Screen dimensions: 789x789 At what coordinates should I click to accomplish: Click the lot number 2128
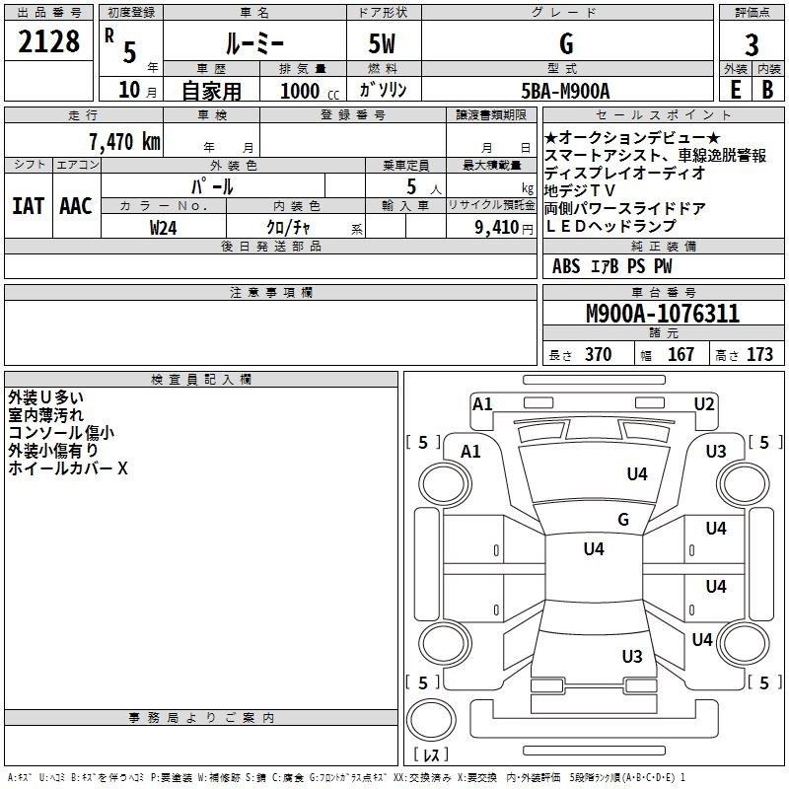(48, 41)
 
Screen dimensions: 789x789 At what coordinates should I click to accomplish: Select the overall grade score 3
(752, 44)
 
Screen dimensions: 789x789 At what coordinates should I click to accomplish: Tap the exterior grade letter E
(735, 90)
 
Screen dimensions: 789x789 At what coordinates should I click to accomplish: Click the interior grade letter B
(767, 90)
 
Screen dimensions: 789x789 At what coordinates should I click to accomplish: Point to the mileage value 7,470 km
(125, 142)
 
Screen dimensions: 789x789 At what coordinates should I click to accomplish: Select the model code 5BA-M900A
(565, 91)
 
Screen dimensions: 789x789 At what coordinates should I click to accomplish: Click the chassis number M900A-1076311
(663, 314)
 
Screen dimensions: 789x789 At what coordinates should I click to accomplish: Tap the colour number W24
(164, 228)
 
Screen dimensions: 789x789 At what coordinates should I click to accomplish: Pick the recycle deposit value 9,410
(497, 228)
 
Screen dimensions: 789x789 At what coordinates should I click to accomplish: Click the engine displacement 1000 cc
(310, 91)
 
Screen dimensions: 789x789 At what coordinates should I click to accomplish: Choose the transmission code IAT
(29, 206)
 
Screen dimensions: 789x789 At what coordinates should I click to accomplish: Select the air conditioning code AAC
(76, 206)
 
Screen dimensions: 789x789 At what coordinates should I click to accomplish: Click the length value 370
(598, 354)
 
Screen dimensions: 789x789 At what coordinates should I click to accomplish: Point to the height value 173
(759, 354)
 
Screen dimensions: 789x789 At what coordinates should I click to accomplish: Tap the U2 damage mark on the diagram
(704, 404)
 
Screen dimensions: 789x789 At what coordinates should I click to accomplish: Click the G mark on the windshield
(623, 519)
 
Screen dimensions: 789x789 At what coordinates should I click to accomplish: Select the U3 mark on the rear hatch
(632, 656)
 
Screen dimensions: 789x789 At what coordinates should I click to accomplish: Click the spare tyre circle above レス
(431, 720)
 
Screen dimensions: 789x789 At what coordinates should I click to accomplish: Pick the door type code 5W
(382, 43)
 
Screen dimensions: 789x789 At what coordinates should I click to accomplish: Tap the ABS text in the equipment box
(566, 266)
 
